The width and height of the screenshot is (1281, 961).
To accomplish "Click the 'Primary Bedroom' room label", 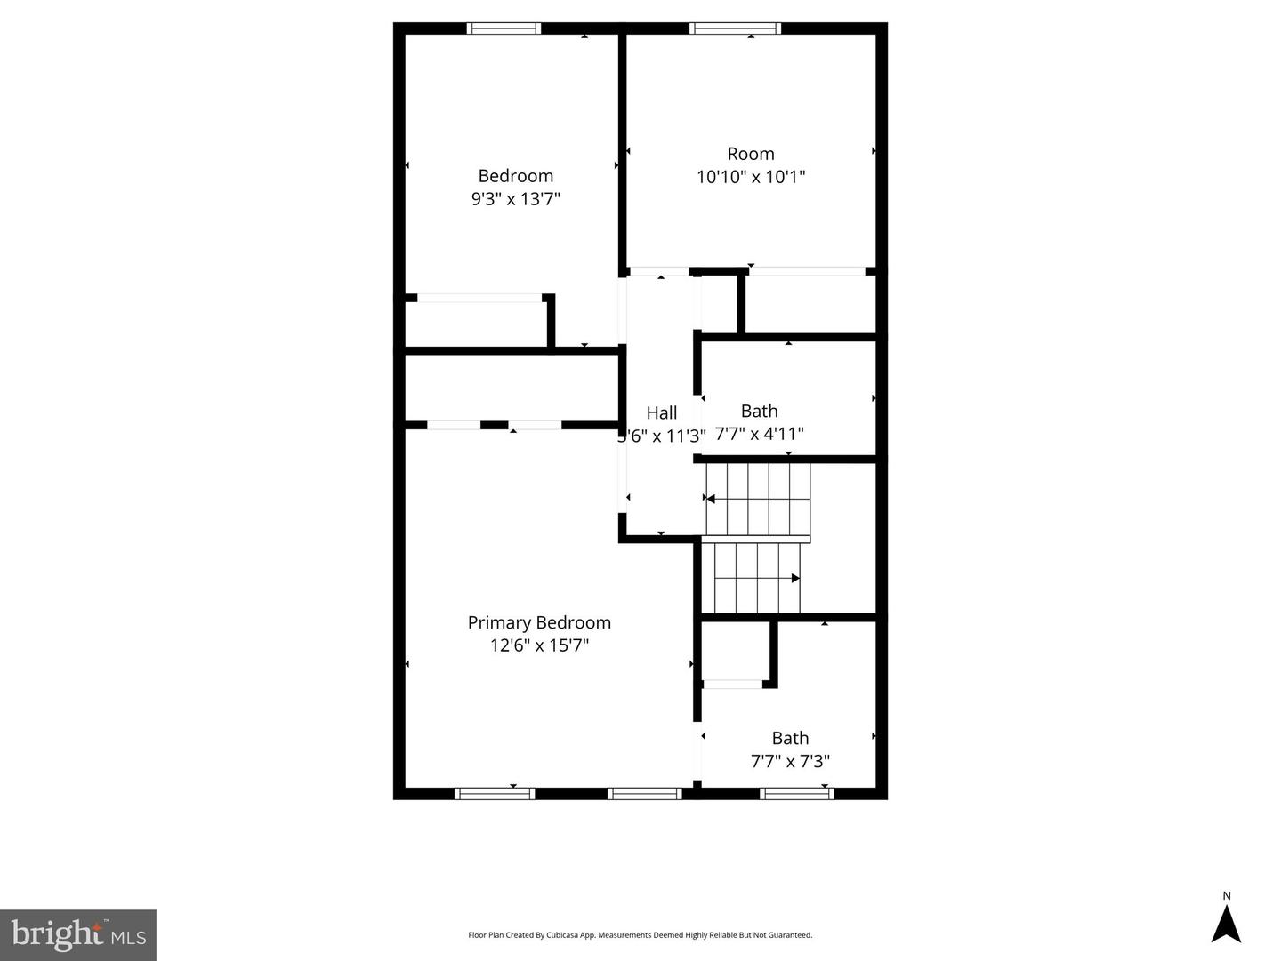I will coord(539,622).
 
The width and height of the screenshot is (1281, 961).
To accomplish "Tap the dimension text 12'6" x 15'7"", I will coord(539,645).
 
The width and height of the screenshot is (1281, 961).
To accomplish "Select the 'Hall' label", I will coord(661,412).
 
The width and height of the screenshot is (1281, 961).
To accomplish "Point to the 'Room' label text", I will coord(751,154).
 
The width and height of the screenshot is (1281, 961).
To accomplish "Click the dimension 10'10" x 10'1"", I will coord(751,177).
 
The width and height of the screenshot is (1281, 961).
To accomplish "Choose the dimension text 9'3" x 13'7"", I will coord(516,199).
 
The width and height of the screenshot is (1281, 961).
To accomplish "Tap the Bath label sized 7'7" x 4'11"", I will coord(759,411).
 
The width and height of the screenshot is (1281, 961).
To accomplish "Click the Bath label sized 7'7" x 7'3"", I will coord(790,738).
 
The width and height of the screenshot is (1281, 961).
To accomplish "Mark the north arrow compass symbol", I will coord(1226,924).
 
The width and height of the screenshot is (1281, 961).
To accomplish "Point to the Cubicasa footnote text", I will coord(640,935).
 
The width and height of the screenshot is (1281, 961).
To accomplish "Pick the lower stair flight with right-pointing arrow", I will coord(757,578).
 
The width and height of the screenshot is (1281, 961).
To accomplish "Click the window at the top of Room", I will coord(736,28).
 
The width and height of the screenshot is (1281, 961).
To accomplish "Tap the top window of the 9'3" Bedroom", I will coord(504,28).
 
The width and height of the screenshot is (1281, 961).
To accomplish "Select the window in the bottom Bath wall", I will coord(796,793).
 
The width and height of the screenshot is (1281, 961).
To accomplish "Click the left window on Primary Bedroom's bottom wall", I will coord(495,793).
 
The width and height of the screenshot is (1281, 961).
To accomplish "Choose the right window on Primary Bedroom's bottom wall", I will coord(645,793).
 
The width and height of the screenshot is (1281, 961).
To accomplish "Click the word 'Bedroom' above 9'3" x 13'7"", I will coord(516,176).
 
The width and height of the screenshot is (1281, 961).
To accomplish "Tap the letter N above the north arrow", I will coord(1227,896).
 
